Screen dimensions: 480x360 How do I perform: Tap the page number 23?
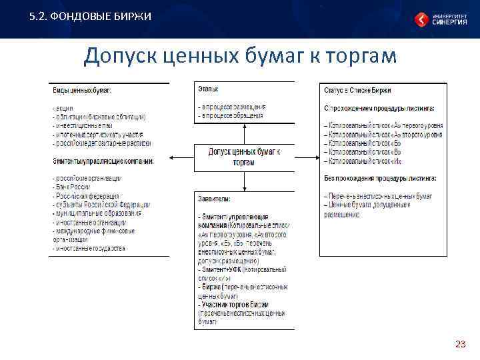(460, 344)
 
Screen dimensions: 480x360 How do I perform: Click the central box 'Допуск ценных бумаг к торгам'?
(244, 157)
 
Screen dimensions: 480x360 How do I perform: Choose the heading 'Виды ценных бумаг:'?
(82, 90)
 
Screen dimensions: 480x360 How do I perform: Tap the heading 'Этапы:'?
(208, 89)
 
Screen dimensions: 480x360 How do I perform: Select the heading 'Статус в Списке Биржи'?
(357, 89)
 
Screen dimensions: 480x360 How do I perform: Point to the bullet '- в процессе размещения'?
(231, 107)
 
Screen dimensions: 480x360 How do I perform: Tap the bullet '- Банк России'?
(71, 187)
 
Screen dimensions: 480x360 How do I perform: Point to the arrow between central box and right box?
(307, 157)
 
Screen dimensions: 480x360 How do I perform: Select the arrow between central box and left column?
(181, 157)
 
